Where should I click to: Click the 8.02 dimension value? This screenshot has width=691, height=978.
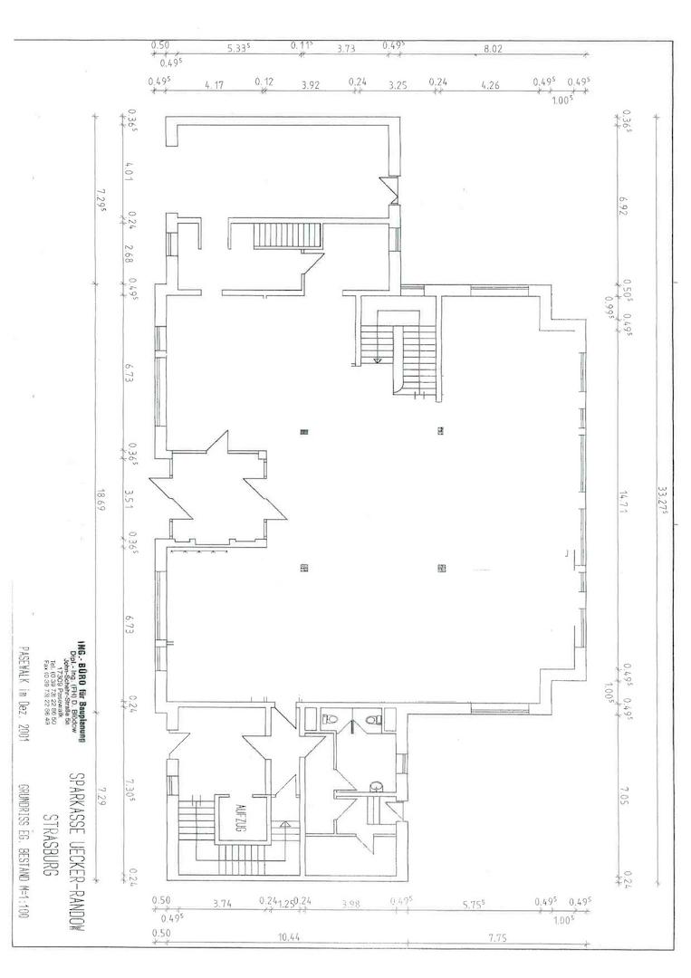[492, 50]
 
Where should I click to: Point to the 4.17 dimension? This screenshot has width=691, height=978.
[215, 84]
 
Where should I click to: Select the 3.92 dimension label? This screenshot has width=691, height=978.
[311, 84]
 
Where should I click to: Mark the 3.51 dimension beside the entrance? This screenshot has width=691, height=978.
[130, 498]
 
